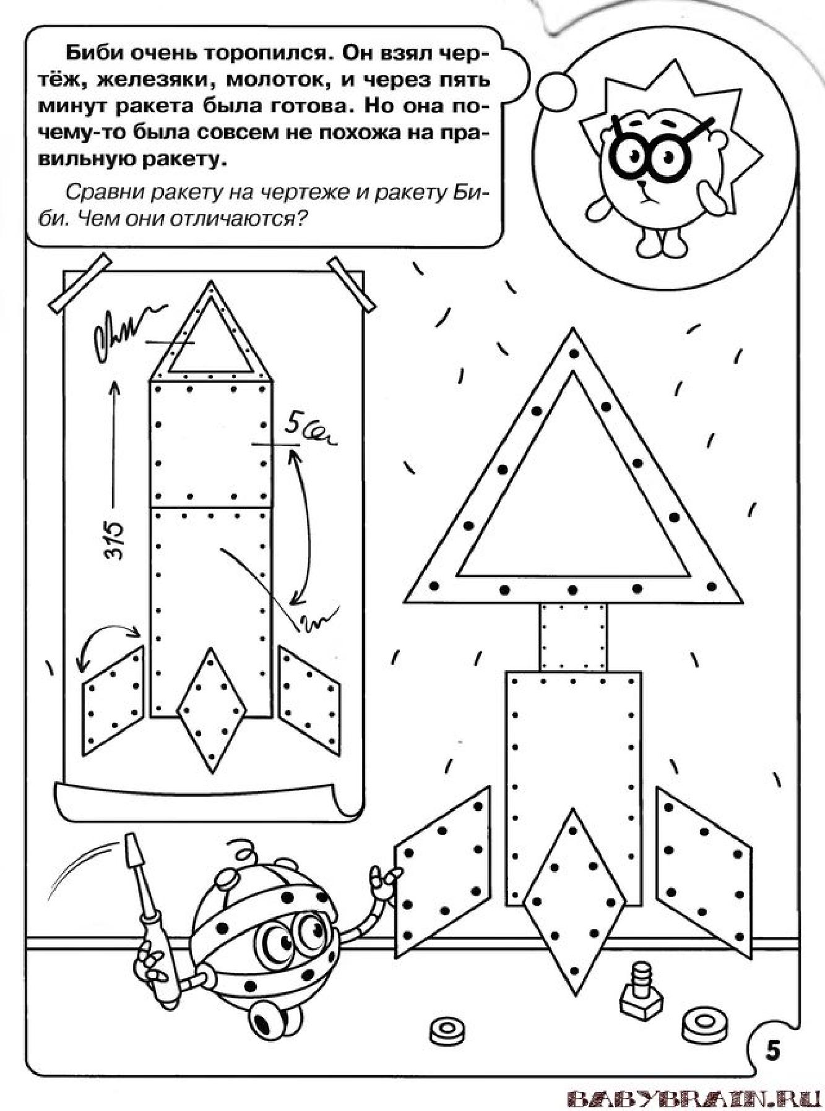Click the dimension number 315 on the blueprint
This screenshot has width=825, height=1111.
click(113, 541)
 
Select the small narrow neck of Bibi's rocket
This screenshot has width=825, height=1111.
click(573, 637)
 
